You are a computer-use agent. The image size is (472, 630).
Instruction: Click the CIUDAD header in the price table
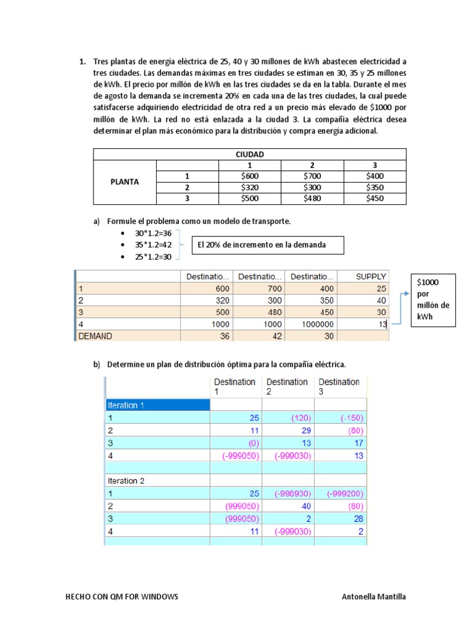click(x=250, y=154)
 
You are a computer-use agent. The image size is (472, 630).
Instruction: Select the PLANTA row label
click(x=125, y=181)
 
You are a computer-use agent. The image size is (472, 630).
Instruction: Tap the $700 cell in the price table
click(x=312, y=176)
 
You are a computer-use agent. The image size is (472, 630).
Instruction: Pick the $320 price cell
click(x=250, y=187)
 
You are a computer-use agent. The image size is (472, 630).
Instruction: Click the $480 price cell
click(x=312, y=198)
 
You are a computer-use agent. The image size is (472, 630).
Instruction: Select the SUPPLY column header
click(x=371, y=277)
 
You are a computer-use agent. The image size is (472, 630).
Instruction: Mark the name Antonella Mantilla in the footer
click(x=373, y=597)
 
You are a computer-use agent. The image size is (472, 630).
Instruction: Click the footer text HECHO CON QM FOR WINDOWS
click(x=122, y=597)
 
